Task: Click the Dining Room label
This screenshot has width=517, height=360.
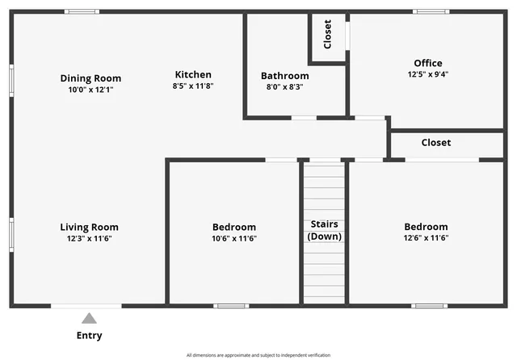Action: coord(90,78)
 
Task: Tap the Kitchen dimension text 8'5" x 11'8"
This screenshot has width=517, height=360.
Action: coord(192,86)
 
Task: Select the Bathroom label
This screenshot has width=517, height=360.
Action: coord(284,76)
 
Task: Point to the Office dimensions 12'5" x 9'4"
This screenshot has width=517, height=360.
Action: coord(427,74)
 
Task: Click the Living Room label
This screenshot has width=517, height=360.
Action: coord(89,227)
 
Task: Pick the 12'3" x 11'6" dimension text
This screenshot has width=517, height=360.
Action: coord(89,239)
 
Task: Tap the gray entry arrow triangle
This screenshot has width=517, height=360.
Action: coord(89,318)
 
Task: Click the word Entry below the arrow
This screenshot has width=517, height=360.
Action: coord(89,336)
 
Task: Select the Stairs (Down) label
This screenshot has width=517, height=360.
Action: coord(324,230)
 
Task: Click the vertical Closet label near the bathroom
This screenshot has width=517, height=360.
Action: coord(327,34)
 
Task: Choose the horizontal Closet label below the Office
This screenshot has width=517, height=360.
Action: coord(435,143)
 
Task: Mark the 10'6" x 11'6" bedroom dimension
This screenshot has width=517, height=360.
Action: coord(233,239)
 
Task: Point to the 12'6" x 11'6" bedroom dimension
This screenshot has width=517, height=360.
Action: coord(426,238)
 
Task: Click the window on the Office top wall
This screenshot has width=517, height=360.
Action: coord(431,11)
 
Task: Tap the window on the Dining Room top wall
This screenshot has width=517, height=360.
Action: coord(82,11)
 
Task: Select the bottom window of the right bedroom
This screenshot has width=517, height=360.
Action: coord(429,306)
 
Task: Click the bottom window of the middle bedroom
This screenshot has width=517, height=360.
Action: coord(231,306)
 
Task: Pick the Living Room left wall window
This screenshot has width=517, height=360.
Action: coord(11,234)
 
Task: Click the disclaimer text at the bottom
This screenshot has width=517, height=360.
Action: coord(258,355)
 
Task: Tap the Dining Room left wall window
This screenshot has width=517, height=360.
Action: coord(11,81)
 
